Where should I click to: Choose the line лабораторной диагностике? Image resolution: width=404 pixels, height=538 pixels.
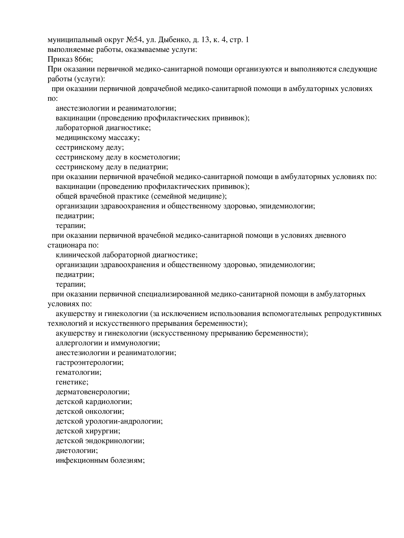point(103,128)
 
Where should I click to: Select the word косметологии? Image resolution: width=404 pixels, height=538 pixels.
point(155,157)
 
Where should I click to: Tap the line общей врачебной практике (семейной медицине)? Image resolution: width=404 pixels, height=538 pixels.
point(141,196)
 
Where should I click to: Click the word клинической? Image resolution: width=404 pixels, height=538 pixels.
point(78,255)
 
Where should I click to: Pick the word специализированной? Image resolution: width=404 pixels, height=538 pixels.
point(173,294)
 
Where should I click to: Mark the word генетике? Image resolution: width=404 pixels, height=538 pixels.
point(72,382)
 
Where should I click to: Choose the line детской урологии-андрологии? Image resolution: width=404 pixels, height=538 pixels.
point(109,421)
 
